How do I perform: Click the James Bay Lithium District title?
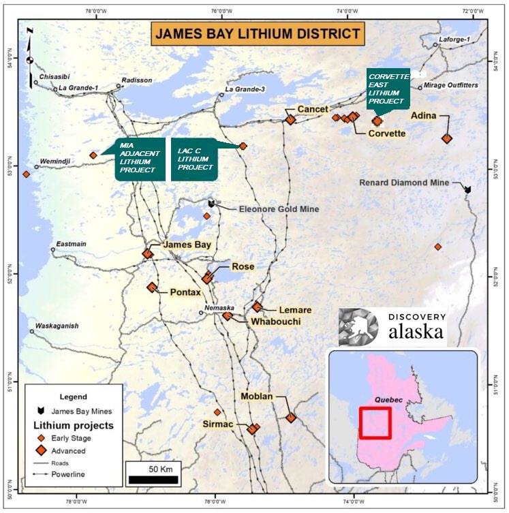pyautogui.click(x=256, y=33)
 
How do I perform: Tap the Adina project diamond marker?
pyautogui.click(x=446, y=138)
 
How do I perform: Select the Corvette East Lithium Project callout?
pyautogui.click(x=387, y=87)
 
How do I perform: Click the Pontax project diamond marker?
pyautogui.click(x=152, y=287)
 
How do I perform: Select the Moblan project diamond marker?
pyautogui.click(x=291, y=418)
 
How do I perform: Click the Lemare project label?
pyautogui.click(x=295, y=309)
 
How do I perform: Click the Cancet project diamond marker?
pyautogui.click(x=290, y=120)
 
